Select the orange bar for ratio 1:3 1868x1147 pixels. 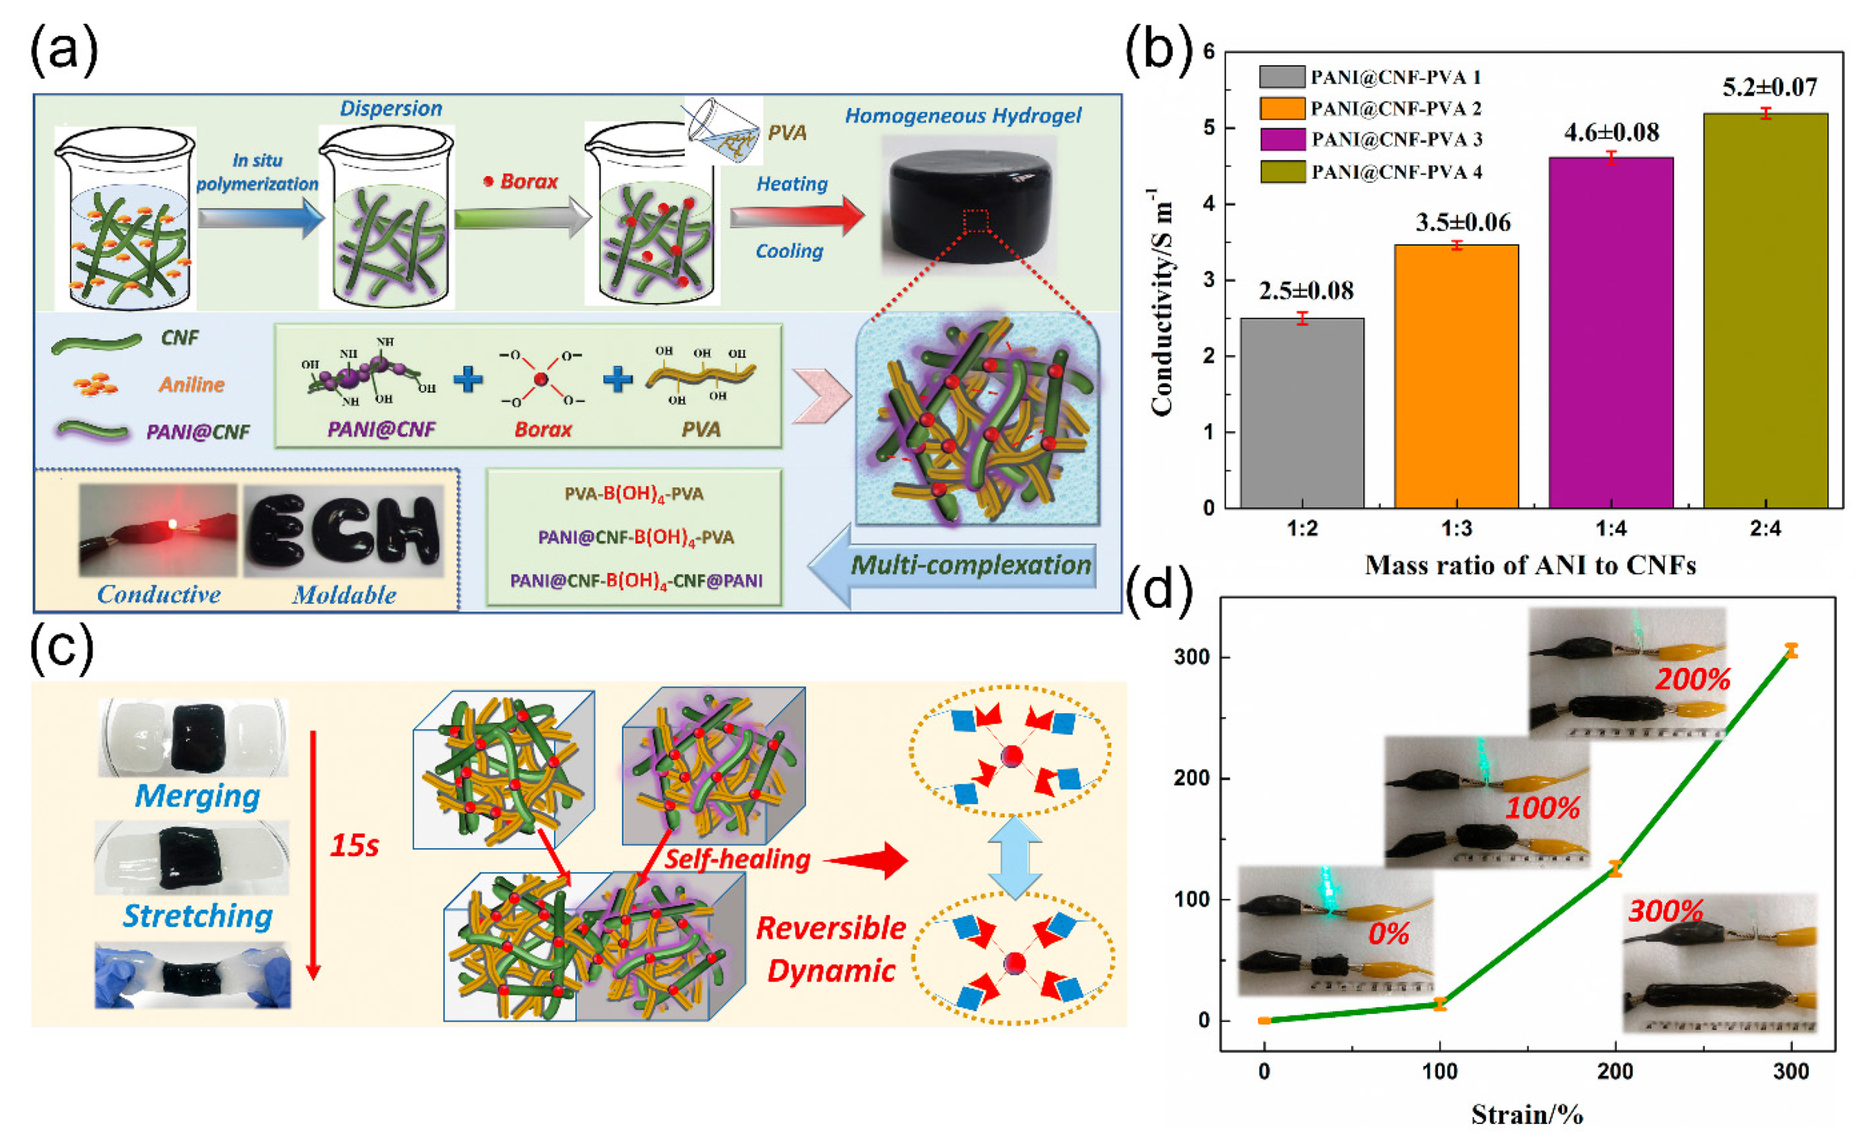[1456, 376]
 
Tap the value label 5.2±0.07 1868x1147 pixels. [1770, 87]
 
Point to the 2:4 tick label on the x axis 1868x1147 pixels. [1765, 528]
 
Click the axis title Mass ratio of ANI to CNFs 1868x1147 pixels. [1530, 565]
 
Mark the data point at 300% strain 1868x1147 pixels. [1791, 650]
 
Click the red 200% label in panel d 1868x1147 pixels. [1692, 679]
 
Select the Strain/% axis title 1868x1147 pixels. [1527, 1114]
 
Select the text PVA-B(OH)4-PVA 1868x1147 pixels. [634, 495]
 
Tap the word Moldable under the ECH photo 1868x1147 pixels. [344, 595]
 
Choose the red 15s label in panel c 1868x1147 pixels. [353, 845]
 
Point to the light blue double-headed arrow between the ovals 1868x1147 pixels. [1013, 857]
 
